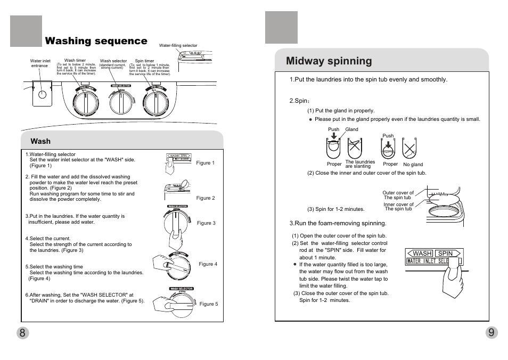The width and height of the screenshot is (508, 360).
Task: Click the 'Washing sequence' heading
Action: coord(96,41)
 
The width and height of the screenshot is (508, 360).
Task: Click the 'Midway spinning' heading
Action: coord(329,61)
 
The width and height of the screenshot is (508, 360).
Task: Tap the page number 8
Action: coord(22,333)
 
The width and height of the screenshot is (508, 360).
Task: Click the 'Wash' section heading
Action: coord(40,141)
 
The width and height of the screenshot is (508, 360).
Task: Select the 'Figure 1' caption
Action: coord(205,163)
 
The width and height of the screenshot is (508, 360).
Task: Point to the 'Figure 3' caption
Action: coord(206,223)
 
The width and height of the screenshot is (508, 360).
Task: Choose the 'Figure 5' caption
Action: coord(209,304)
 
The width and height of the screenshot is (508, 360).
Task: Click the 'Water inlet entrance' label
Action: coord(40,63)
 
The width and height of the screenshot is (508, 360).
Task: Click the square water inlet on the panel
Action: coord(42,94)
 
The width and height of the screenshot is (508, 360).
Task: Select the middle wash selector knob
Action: coord(121,101)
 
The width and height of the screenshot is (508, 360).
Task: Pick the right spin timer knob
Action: coord(156,101)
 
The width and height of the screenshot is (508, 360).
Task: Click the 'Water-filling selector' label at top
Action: coord(178,46)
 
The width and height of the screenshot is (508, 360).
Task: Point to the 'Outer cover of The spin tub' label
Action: coord(398,195)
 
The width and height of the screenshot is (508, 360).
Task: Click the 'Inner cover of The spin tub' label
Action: coord(398,207)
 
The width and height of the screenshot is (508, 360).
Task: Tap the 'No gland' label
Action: coord(413,165)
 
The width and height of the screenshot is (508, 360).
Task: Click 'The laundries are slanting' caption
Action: coord(360,164)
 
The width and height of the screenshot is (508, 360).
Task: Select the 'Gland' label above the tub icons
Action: coord(351,129)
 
